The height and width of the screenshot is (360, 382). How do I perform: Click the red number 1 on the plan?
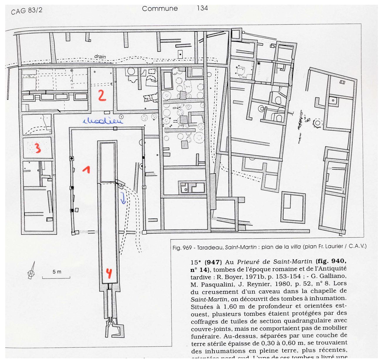click(x=86, y=169)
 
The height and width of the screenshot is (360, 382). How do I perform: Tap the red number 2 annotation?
click(x=101, y=96)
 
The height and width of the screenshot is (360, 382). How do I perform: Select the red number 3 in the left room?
click(x=38, y=148)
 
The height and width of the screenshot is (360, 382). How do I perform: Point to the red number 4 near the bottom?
click(x=109, y=273)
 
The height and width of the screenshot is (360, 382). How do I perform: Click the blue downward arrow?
click(x=123, y=198)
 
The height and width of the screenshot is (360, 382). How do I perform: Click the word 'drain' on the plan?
click(x=100, y=57)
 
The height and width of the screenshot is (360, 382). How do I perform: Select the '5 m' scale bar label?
click(x=57, y=272)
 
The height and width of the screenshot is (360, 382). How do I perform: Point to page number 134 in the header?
click(x=202, y=8)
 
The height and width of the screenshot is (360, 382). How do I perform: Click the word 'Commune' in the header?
click(x=160, y=9)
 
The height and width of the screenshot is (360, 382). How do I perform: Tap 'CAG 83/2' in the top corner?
click(x=27, y=11)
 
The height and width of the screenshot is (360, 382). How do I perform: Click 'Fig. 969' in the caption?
click(x=182, y=247)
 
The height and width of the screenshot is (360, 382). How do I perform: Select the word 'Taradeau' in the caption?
click(x=210, y=247)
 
